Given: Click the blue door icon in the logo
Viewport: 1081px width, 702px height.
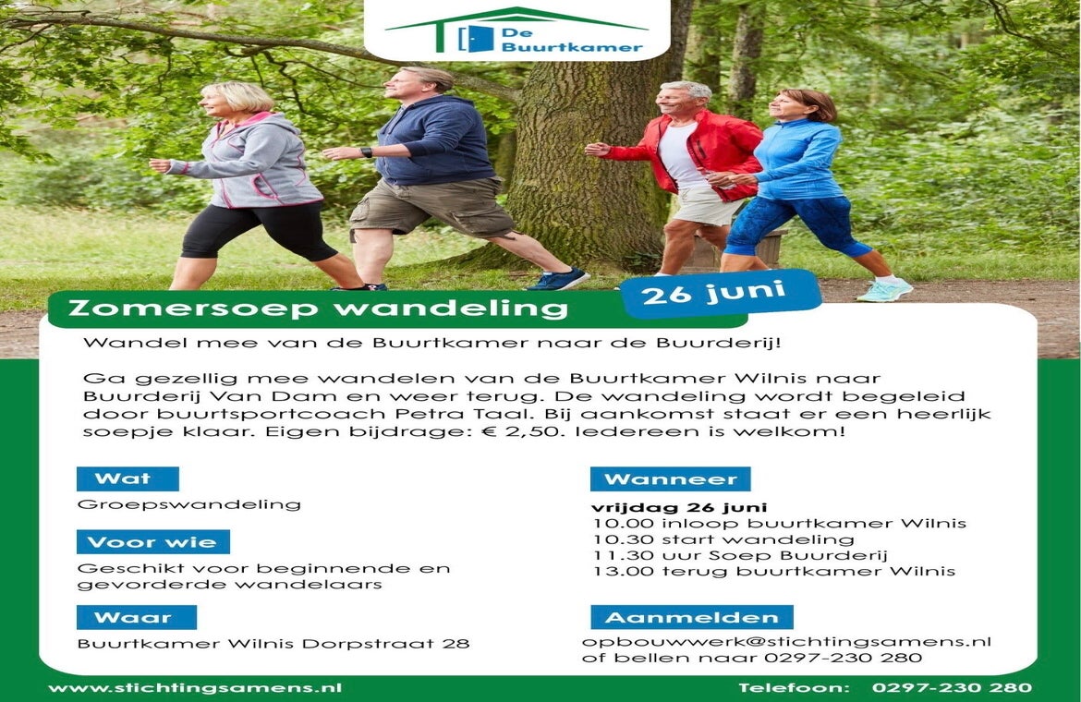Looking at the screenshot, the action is pyautogui.click(x=477, y=39).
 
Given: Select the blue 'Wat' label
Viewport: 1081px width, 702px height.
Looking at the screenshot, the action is pyautogui.click(x=128, y=478).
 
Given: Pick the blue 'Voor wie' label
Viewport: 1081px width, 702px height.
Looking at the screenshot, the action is pyautogui.click(x=153, y=542).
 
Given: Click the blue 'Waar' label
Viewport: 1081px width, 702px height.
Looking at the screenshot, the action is pyautogui.click(x=137, y=617).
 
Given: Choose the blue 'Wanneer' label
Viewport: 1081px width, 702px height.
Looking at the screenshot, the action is pyautogui.click(x=670, y=478).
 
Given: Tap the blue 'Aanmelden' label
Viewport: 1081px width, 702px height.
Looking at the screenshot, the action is pyautogui.click(x=691, y=617).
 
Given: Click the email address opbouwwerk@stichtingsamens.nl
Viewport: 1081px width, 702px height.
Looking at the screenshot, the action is pyautogui.click(x=786, y=642).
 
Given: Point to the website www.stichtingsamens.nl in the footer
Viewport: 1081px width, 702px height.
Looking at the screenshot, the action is pyautogui.click(x=195, y=687).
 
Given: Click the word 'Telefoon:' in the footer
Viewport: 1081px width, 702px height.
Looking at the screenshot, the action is pyautogui.click(x=794, y=687).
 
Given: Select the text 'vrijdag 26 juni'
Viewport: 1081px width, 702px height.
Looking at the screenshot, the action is pyautogui.click(x=679, y=508).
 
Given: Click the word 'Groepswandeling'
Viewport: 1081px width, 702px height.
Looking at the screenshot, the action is pyautogui.click(x=188, y=505).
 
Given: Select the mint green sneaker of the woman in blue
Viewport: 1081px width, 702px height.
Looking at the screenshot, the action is pyautogui.click(x=884, y=289).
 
